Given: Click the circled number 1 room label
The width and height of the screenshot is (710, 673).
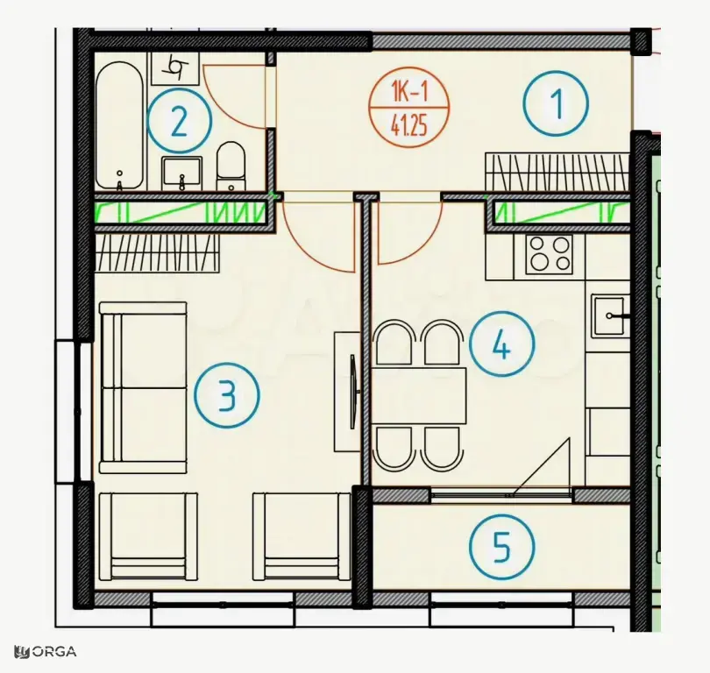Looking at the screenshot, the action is tap(556, 103).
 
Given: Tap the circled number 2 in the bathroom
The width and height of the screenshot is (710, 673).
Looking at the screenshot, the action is tap(180, 121).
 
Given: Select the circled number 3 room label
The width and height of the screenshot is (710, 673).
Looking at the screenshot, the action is tap(227, 395).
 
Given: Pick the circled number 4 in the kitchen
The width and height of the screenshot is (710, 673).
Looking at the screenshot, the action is tap(501, 344).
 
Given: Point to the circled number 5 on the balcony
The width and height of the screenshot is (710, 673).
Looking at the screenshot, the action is tap(501, 546).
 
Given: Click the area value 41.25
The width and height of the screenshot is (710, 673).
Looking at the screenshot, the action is tap(408, 126).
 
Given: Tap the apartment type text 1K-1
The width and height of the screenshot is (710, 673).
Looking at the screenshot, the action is tap(409, 94).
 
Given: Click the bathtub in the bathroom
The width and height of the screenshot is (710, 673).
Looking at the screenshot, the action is tap(120, 126).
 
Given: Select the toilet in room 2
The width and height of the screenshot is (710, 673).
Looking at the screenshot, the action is tap(231, 166).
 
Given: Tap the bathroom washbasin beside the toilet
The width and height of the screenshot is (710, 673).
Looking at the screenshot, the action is tap(181, 173).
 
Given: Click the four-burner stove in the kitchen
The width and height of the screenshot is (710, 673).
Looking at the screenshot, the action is tap(550, 255).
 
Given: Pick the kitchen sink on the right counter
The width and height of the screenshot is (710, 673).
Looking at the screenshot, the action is tap(609, 316).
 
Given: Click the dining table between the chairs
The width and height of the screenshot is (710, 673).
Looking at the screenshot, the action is tap(419, 395).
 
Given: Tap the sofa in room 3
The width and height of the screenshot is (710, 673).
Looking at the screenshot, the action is tap(143, 388).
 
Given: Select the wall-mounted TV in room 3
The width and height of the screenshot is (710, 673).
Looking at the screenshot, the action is tap(353, 391).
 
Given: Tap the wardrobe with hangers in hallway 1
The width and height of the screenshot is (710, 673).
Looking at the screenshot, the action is tap(557, 172).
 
